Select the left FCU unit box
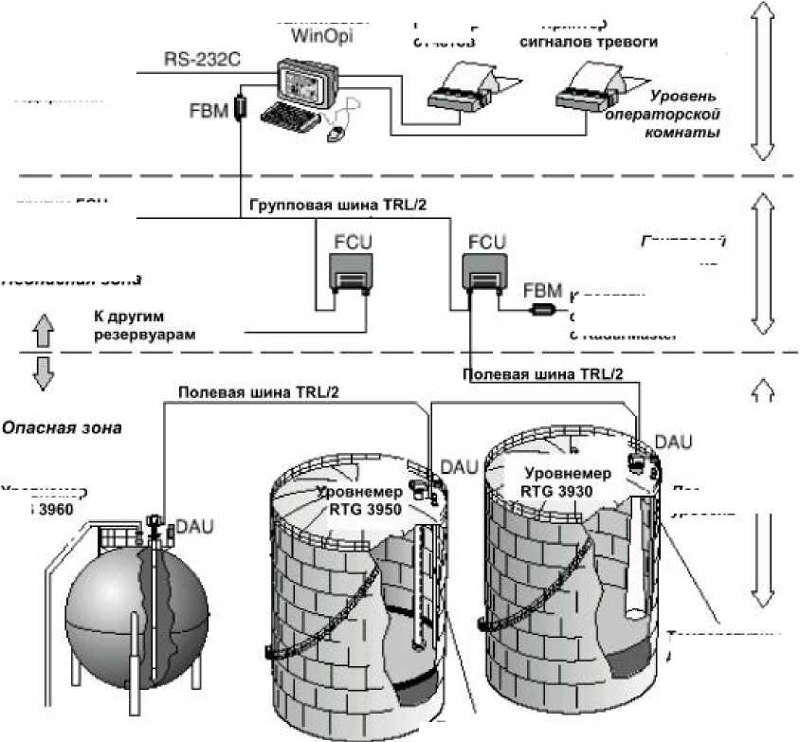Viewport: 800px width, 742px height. (x=350, y=273)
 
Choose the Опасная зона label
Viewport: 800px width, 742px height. (x=62, y=427)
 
